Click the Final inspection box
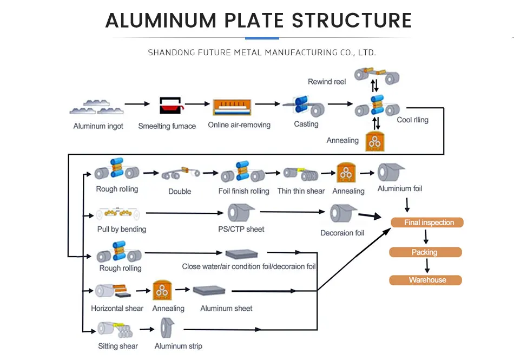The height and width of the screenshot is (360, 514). tap(426, 222)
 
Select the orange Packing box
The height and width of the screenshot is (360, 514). tap(425, 252)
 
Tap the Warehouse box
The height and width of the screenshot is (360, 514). tap(425, 280)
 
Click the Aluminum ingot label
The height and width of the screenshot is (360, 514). tap(98, 126)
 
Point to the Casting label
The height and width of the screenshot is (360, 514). tap(306, 124)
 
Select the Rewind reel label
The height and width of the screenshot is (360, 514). tap(327, 82)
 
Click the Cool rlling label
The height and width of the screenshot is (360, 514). tap(412, 120)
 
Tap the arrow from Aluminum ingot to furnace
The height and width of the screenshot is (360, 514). tap(137, 103)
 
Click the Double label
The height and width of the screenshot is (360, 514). tap(180, 191)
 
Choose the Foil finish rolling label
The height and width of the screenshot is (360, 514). tap(243, 191)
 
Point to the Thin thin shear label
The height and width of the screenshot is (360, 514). tap(301, 191)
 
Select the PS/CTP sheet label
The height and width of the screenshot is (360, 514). tap(241, 229)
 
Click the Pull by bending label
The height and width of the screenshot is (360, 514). tap(122, 229)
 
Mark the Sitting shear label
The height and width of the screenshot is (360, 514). tap(118, 346)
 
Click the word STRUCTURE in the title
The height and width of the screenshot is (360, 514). tap(352, 21)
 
